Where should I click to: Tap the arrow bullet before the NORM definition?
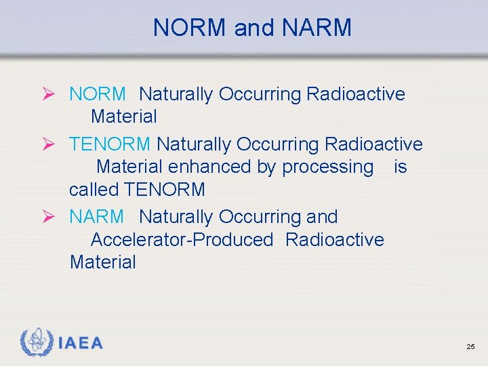pos(56,94)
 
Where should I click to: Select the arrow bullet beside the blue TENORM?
pos(56,144)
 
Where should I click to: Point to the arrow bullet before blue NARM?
pos(56,217)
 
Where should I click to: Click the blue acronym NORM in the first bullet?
pos(97,94)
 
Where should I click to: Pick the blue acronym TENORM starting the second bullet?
pos(110,144)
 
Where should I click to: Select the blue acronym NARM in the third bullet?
pos(96,217)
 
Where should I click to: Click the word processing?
pos(327,167)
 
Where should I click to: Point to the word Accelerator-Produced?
pos(182,240)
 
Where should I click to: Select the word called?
pos(94,190)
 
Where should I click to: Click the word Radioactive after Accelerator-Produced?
pos(335,240)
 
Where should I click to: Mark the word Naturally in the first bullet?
pos(176,94)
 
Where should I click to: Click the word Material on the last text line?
pos(102,262)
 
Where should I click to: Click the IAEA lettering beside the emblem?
pos(80,343)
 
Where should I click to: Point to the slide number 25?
pos(470,347)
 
